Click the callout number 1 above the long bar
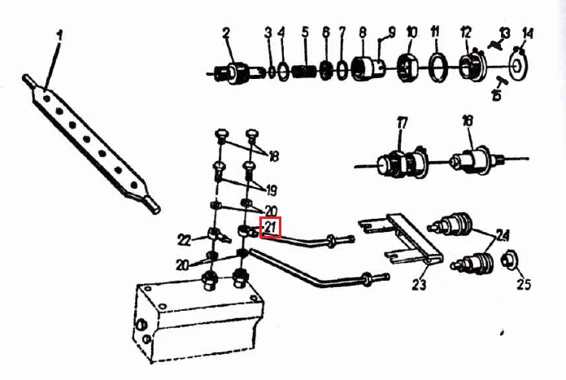click(59, 36)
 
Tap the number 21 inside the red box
click(271, 228)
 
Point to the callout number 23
click(419, 285)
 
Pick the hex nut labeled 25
click(511, 260)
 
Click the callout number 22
click(184, 240)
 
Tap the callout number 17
click(402, 124)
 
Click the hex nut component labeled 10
click(408, 68)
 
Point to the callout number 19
click(272, 190)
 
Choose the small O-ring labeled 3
click(271, 71)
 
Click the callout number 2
click(226, 33)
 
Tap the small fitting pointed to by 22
click(218, 235)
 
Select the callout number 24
click(503, 235)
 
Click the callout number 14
click(528, 34)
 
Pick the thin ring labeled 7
click(342, 69)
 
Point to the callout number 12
click(466, 33)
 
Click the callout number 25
click(524, 285)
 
